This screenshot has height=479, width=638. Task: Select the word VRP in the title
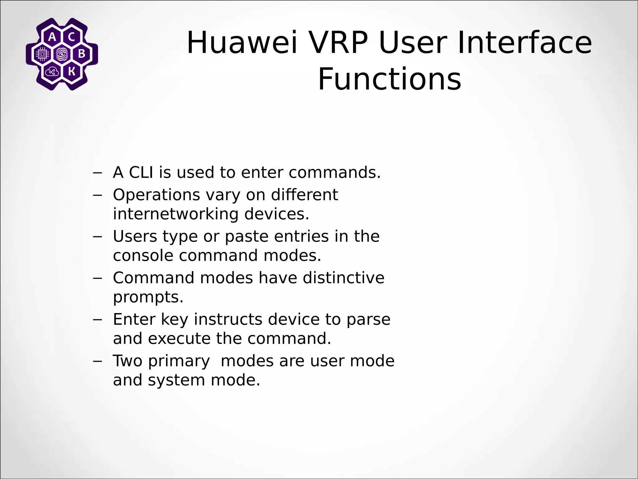[x=337, y=43]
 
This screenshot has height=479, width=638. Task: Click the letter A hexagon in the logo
[x=52, y=37]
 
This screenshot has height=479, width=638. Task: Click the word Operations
[x=156, y=195]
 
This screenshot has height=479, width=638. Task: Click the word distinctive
[x=343, y=278]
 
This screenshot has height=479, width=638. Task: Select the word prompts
[x=148, y=297]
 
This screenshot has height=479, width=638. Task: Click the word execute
[x=179, y=338]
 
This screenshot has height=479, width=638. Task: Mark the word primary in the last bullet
[x=179, y=361]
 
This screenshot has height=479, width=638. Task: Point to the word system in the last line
[x=176, y=380]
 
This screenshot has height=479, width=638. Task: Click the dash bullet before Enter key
[x=98, y=319]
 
